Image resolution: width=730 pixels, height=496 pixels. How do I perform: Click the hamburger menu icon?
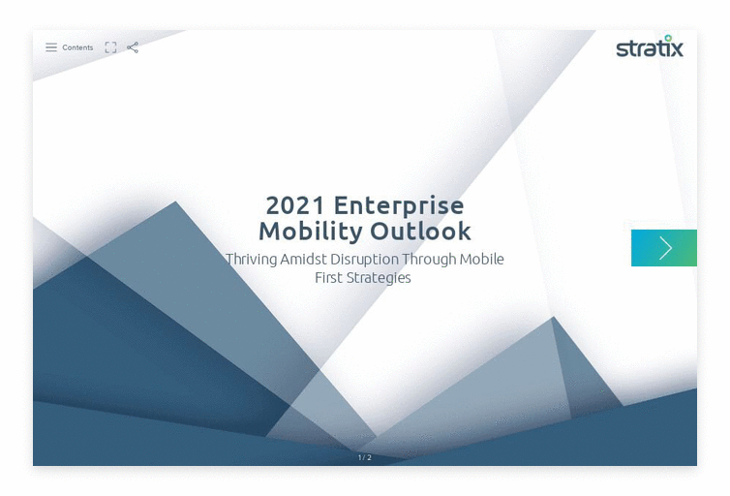click(x=51, y=47)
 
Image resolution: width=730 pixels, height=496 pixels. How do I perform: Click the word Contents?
click(x=77, y=47)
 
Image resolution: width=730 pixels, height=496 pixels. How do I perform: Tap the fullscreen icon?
click(x=110, y=47)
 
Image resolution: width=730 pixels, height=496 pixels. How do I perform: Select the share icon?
click(x=133, y=47)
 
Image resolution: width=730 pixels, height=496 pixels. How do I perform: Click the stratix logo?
click(x=650, y=46)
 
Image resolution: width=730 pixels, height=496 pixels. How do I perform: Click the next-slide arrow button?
click(x=664, y=248)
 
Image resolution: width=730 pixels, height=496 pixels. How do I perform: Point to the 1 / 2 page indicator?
click(x=365, y=458)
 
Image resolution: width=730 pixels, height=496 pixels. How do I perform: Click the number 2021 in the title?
click(x=295, y=205)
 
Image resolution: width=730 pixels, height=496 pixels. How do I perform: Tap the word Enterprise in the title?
click(x=399, y=205)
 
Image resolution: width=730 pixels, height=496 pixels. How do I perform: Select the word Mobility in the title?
click(x=311, y=232)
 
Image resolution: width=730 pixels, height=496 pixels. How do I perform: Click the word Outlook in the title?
click(x=421, y=232)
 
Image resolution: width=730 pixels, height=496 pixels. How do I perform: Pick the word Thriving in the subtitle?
click(x=252, y=260)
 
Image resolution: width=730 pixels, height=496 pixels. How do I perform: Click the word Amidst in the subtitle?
click(x=304, y=259)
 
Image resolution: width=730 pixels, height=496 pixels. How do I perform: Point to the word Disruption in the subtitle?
click(x=365, y=260)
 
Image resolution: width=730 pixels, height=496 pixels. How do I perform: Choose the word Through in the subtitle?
click(x=429, y=260)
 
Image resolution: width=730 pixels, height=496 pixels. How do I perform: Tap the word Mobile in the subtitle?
click(x=482, y=259)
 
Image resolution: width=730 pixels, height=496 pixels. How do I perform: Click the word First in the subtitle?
click(x=328, y=278)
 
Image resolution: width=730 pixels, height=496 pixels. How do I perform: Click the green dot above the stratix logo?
click(x=668, y=38)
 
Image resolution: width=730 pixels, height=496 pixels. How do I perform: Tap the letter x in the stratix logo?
click(x=677, y=48)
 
